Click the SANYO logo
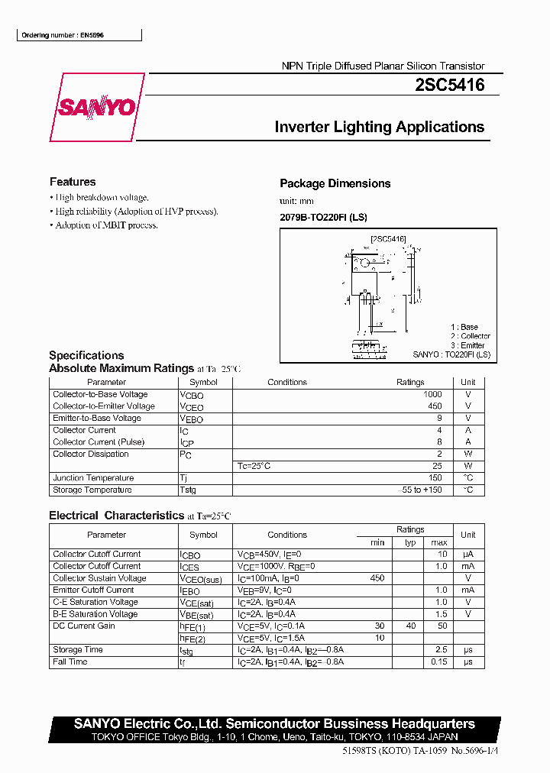[96, 108]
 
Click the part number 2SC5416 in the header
[449, 86]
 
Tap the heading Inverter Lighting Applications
[380, 128]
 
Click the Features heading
[73, 182]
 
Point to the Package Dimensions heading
[335, 183]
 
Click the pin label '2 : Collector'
[470, 336]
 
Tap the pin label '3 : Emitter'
[467, 345]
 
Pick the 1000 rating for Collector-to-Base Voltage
[432, 394]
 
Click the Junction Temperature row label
[93, 478]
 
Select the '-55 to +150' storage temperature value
[422, 490]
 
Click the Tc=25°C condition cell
[254, 466]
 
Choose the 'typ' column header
[410, 542]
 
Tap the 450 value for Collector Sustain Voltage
[377, 578]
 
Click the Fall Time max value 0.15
[438, 661]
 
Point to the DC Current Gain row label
[84, 626]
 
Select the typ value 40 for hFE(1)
[411, 626]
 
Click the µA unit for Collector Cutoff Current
[468, 554]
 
